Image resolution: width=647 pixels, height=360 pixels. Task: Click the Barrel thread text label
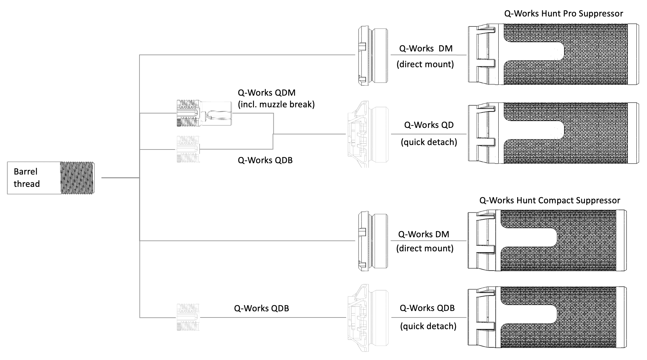tap(26, 178)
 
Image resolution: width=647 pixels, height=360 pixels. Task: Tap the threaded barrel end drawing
tap(77, 178)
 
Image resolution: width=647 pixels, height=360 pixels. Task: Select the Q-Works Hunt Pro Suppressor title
tap(563, 13)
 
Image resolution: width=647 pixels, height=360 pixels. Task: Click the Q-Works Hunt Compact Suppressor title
tap(549, 200)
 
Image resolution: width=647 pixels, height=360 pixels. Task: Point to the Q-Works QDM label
tap(266, 93)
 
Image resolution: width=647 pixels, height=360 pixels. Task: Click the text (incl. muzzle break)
tap(276, 104)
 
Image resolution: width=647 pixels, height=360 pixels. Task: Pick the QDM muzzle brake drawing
tap(204, 113)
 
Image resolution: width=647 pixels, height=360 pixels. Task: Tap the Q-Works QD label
tap(429, 125)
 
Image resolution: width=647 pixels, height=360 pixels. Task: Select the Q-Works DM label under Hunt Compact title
tap(423, 234)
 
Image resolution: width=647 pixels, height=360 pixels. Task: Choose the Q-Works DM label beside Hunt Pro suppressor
tap(426, 48)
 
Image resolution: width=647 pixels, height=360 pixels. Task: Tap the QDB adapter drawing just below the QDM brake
tap(187, 149)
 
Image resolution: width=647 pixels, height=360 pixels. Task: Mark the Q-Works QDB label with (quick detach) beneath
tap(427, 308)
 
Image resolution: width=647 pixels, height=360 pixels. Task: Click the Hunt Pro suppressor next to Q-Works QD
tap(553, 133)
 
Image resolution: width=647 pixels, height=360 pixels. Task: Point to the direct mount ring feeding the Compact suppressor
tap(373, 241)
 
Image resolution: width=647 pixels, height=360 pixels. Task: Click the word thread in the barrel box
tap(26, 184)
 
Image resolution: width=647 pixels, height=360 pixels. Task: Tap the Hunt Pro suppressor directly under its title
tap(553, 54)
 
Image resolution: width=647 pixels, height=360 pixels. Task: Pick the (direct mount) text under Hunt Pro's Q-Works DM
tap(425, 64)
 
